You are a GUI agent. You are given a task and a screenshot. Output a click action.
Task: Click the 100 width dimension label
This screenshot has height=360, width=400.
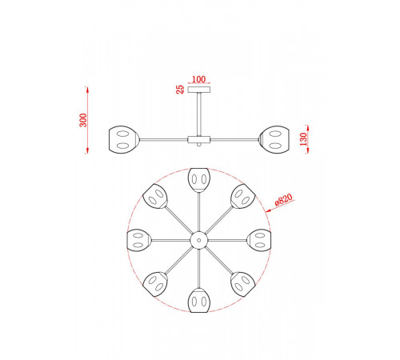click(x=199, y=79)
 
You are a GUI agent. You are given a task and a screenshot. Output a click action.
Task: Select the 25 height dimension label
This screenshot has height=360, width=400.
click(x=180, y=90)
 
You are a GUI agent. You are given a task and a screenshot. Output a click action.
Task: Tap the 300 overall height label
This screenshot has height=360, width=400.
click(x=83, y=120)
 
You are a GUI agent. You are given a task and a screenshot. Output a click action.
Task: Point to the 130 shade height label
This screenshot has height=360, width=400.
click(x=303, y=139)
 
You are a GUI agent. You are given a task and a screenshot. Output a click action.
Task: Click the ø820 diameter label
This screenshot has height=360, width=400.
click(x=283, y=199)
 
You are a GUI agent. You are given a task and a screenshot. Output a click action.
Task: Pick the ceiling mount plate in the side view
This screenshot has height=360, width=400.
click(x=199, y=90)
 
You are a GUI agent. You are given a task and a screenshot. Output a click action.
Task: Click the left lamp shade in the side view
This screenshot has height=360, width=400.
click(x=124, y=140)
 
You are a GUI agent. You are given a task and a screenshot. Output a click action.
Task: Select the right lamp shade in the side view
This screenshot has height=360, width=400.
click(x=274, y=140)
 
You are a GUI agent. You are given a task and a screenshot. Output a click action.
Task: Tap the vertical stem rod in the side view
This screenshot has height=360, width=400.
click(x=199, y=114)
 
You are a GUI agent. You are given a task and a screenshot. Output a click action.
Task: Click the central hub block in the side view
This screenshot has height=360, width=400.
click(x=199, y=139)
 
